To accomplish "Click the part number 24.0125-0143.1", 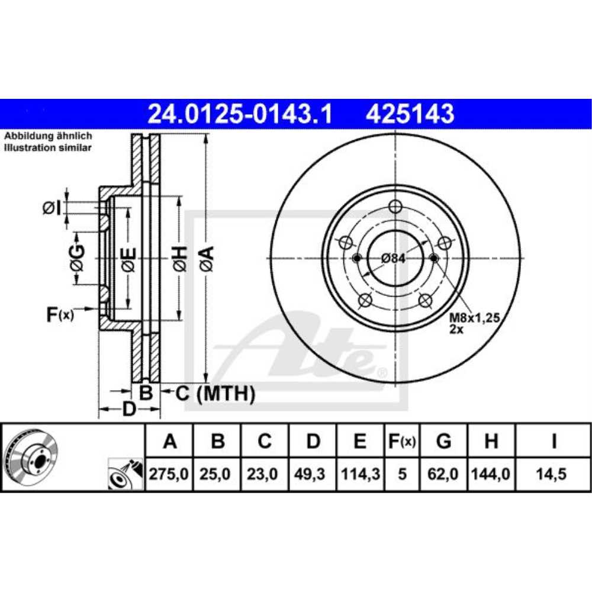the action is pyautogui.click(x=240, y=114).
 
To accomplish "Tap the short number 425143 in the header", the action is pyautogui.click(x=410, y=114).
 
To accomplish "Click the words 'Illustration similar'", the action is pyautogui.click(x=47, y=147).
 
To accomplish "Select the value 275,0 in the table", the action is pyautogui.click(x=169, y=474).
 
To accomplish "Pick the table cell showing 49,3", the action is pyautogui.click(x=310, y=474).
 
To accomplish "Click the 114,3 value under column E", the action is pyautogui.click(x=361, y=474).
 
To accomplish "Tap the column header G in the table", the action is pyautogui.click(x=443, y=440).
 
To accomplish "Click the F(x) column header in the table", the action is pyautogui.click(x=402, y=441).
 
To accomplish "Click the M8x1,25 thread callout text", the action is pyautogui.click(x=475, y=317).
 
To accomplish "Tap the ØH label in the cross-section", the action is pyautogui.click(x=181, y=259).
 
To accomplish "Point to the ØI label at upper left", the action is pyautogui.click(x=52, y=208).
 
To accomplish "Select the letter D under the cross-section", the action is pyautogui.click(x=129, y=409).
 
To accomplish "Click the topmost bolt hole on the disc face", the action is pyautogui.click(x=395, y=206).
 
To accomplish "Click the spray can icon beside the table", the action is pyautogui.click(x=126, y=475).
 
